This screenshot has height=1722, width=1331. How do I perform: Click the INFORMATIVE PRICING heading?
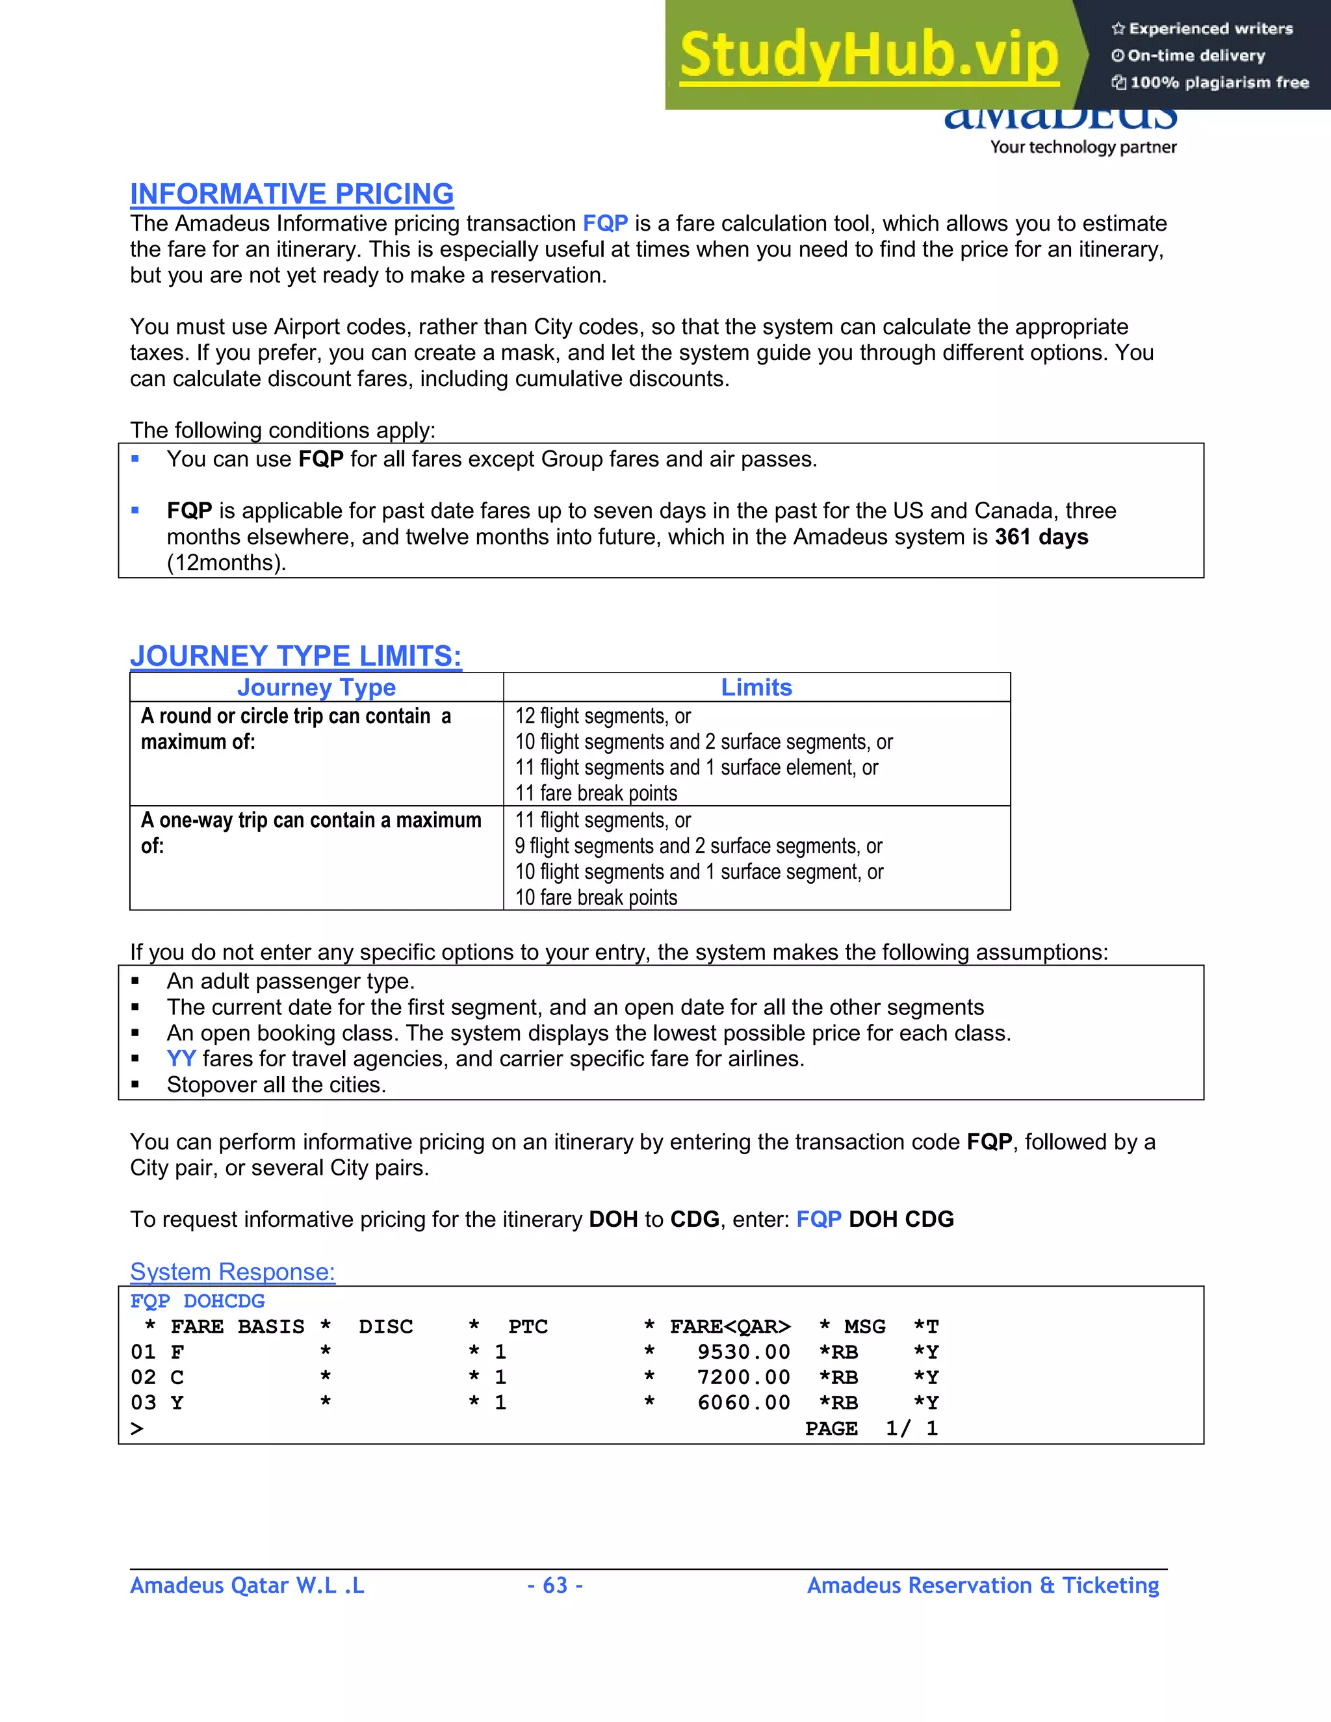point(292,194)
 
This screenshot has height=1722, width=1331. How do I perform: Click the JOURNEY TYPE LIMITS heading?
point(296,656)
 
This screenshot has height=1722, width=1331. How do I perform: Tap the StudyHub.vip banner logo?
point(868,55)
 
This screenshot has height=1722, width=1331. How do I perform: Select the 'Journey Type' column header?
point(317,688)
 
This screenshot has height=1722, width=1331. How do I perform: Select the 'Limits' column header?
point(756,688)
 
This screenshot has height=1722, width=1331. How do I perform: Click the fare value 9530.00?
point(743,1352)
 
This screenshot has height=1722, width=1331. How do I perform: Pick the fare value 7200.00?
point(743,1378)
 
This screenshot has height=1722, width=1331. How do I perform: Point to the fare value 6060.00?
point(743,1403)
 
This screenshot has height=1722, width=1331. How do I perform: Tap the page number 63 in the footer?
point(555,1585)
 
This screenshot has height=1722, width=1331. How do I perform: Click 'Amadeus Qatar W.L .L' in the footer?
point(247,1585)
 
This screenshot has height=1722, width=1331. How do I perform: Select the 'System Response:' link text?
point(233,1272)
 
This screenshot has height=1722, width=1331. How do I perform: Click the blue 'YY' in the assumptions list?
point(181,1059)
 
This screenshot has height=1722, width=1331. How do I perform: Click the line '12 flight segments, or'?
point(602,716)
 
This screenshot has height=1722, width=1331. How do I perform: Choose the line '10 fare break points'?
point(596,897)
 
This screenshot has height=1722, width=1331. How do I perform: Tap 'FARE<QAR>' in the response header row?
point(729,1327)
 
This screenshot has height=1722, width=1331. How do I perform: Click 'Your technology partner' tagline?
point(1083,148)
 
